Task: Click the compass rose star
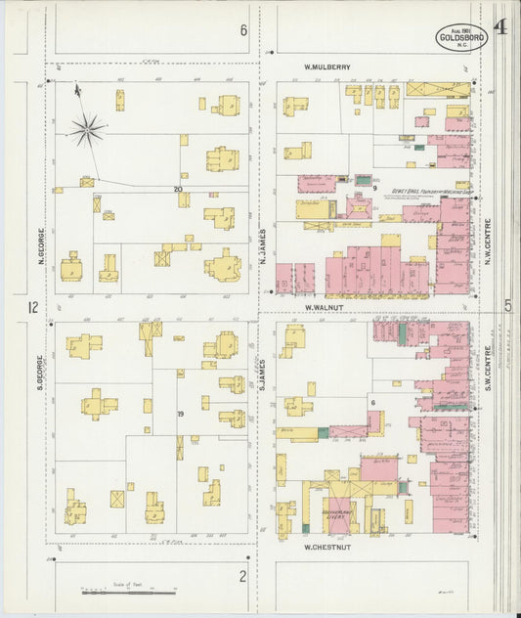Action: [x=87, y=127]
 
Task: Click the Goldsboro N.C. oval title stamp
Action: [x=461, y=39]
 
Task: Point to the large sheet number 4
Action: [x=499, y=26]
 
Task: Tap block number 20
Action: [x=178, y=189]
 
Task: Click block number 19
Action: [x=181, y=415]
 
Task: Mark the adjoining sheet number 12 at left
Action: [x=33, y=308]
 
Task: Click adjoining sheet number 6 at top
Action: [x=243, y=30]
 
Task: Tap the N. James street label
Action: [x=263, y=246]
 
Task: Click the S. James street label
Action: [x=263, y=373]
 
